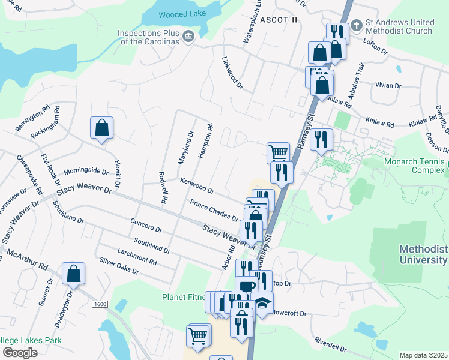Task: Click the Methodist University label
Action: pos(424,254)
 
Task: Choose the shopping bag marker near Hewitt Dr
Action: pos(101,128)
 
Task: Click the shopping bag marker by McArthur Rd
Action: pos(73,274)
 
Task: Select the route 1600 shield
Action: pos(100,304)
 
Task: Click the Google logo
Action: pos(20,353)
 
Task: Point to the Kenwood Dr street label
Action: pos(197,185)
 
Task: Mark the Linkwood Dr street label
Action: pos(232,73)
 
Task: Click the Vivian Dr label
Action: pos(388,85)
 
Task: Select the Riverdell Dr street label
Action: pos(330,345)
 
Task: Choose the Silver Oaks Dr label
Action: pos(119,266)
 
